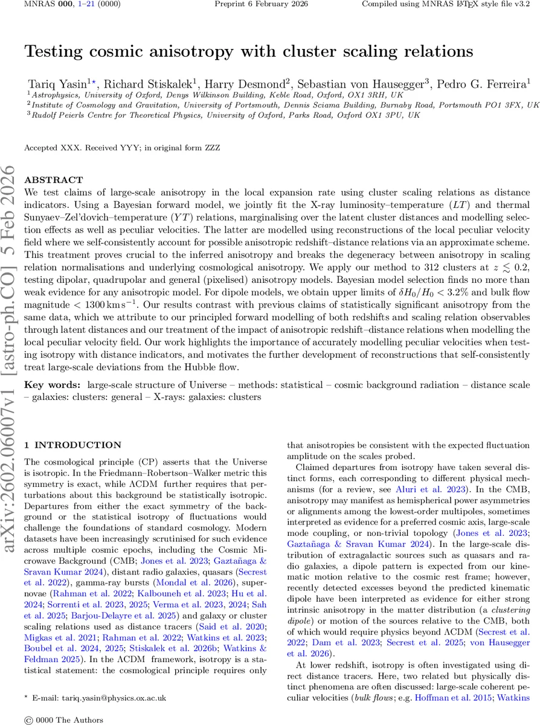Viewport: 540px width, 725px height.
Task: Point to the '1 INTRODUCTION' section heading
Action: click(x=72, y=445)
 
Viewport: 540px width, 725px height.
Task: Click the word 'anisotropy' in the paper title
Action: click(x=184, y=51)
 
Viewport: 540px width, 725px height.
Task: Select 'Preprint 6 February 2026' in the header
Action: click(x=262, y=4)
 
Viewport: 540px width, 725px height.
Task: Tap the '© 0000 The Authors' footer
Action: click(x=63, y=720)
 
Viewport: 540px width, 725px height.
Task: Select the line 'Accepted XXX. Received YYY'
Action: click(x=82, y=147)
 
